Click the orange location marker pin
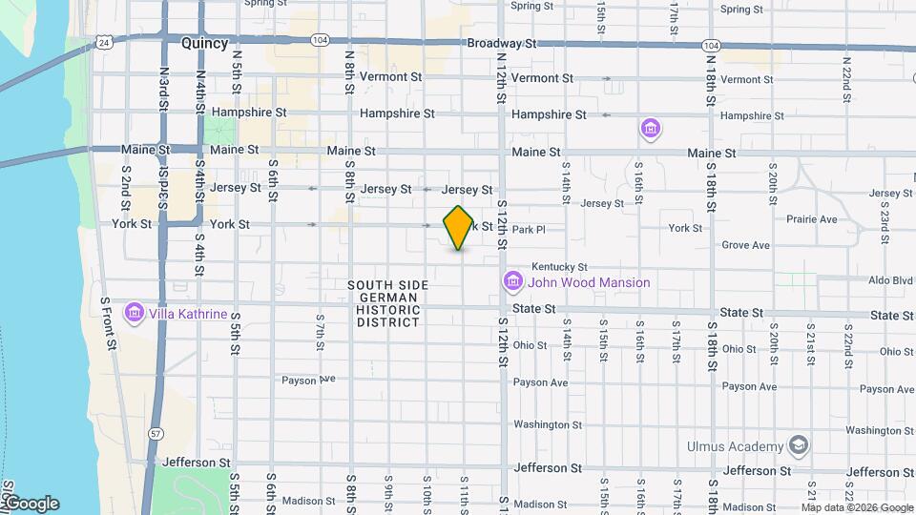459,228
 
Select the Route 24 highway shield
102,43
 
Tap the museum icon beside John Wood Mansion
512,282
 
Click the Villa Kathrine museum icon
135,314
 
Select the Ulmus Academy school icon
798,446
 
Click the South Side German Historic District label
387,303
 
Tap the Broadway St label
503,44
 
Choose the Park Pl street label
527,230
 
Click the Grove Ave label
745,245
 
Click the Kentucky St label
559,267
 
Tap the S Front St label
108,324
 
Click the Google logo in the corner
31,504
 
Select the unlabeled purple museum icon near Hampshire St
651,128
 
